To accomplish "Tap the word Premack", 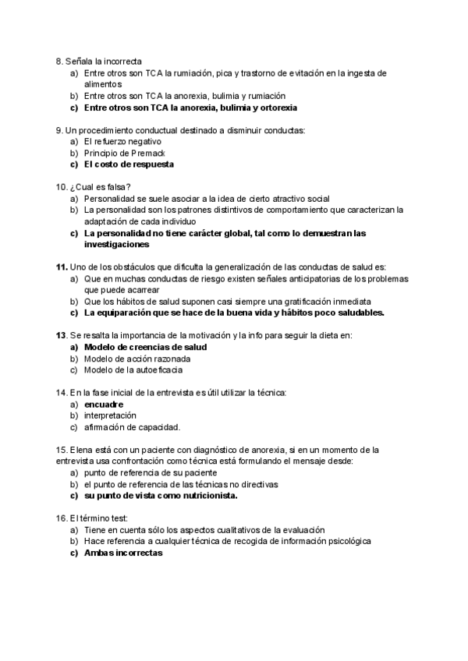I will pyautogui.click(x=138, y=153).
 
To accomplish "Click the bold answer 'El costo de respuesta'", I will pyautogui.click(x=129, y=164).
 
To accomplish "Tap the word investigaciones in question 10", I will pyautogui.click(x=118, y=244).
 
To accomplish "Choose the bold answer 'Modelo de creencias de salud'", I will pyautogui.click(x=144, y=346).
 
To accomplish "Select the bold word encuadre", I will pyautogui.click(x=104, y=404).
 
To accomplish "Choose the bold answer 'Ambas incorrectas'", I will pyautogui.click(x=122, y=552).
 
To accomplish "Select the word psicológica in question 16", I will pyautogui.click(x=347, y=540).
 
